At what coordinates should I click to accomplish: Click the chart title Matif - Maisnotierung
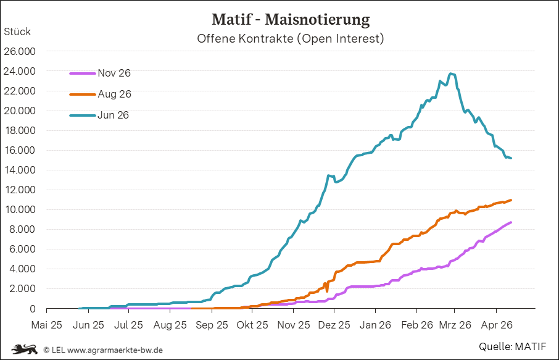[x=291, y=19]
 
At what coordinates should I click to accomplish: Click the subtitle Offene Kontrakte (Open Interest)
[x=291, y=39]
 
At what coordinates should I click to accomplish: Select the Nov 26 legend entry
[x=114, y=73]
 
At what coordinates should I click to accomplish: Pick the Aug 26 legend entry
[x=114, y=94]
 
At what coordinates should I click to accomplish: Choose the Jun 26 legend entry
[x=113, y=115]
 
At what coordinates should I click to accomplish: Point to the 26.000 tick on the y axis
[x=20, y=51]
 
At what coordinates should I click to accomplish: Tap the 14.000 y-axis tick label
[x=20, y=170]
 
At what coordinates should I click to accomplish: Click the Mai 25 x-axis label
[x=47, y=324]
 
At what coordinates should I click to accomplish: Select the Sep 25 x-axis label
[x=212, y=324]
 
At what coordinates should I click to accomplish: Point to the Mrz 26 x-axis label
[x=455, y=324]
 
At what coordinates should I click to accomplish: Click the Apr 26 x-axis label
[x=496, y=324]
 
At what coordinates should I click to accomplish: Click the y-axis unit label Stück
[x=17, y=31]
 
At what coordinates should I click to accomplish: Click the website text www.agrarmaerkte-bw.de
[x=115, y=350]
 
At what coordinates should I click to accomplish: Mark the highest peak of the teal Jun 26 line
[x=452, y=74]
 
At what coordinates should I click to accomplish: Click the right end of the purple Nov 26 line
[x=511, y=222]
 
